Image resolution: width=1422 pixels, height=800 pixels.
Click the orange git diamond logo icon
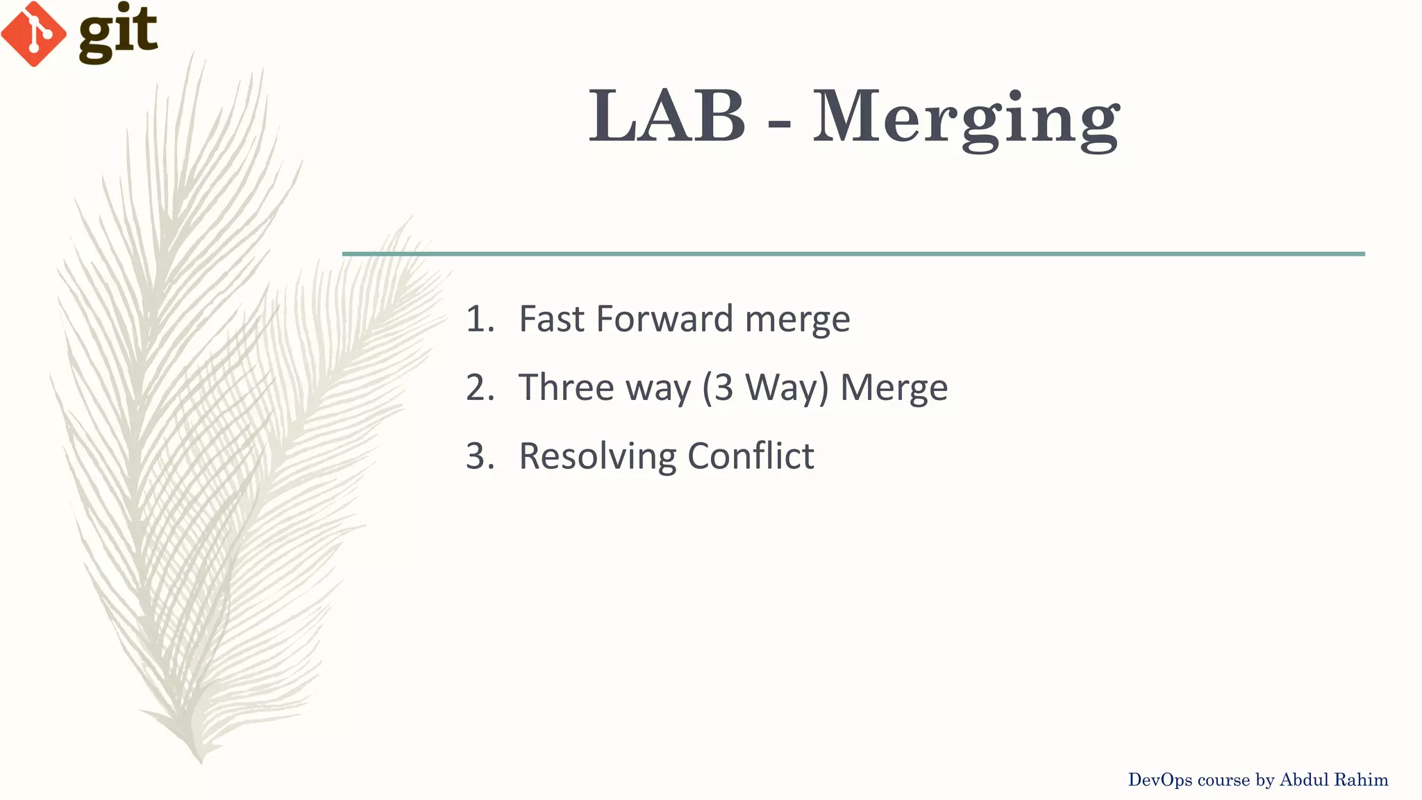(x=33, y=33)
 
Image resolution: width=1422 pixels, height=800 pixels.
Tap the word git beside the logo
(x=118, y=32)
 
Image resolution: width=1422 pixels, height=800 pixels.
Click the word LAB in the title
(x=667, y=117)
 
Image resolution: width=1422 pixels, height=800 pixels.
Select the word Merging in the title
(x=966, y=118)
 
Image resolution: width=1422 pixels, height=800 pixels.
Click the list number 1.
(x=479, y=319)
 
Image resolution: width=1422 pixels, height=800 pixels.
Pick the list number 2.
(x=479, y=388)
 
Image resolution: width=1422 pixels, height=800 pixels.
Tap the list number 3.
(x=479, y=457)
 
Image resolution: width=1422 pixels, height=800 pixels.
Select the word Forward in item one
(x=664, y=319)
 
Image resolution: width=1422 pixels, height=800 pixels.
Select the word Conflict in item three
(x=751, y=456)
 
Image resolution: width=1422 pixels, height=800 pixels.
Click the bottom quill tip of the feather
(x=201, y=761)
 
